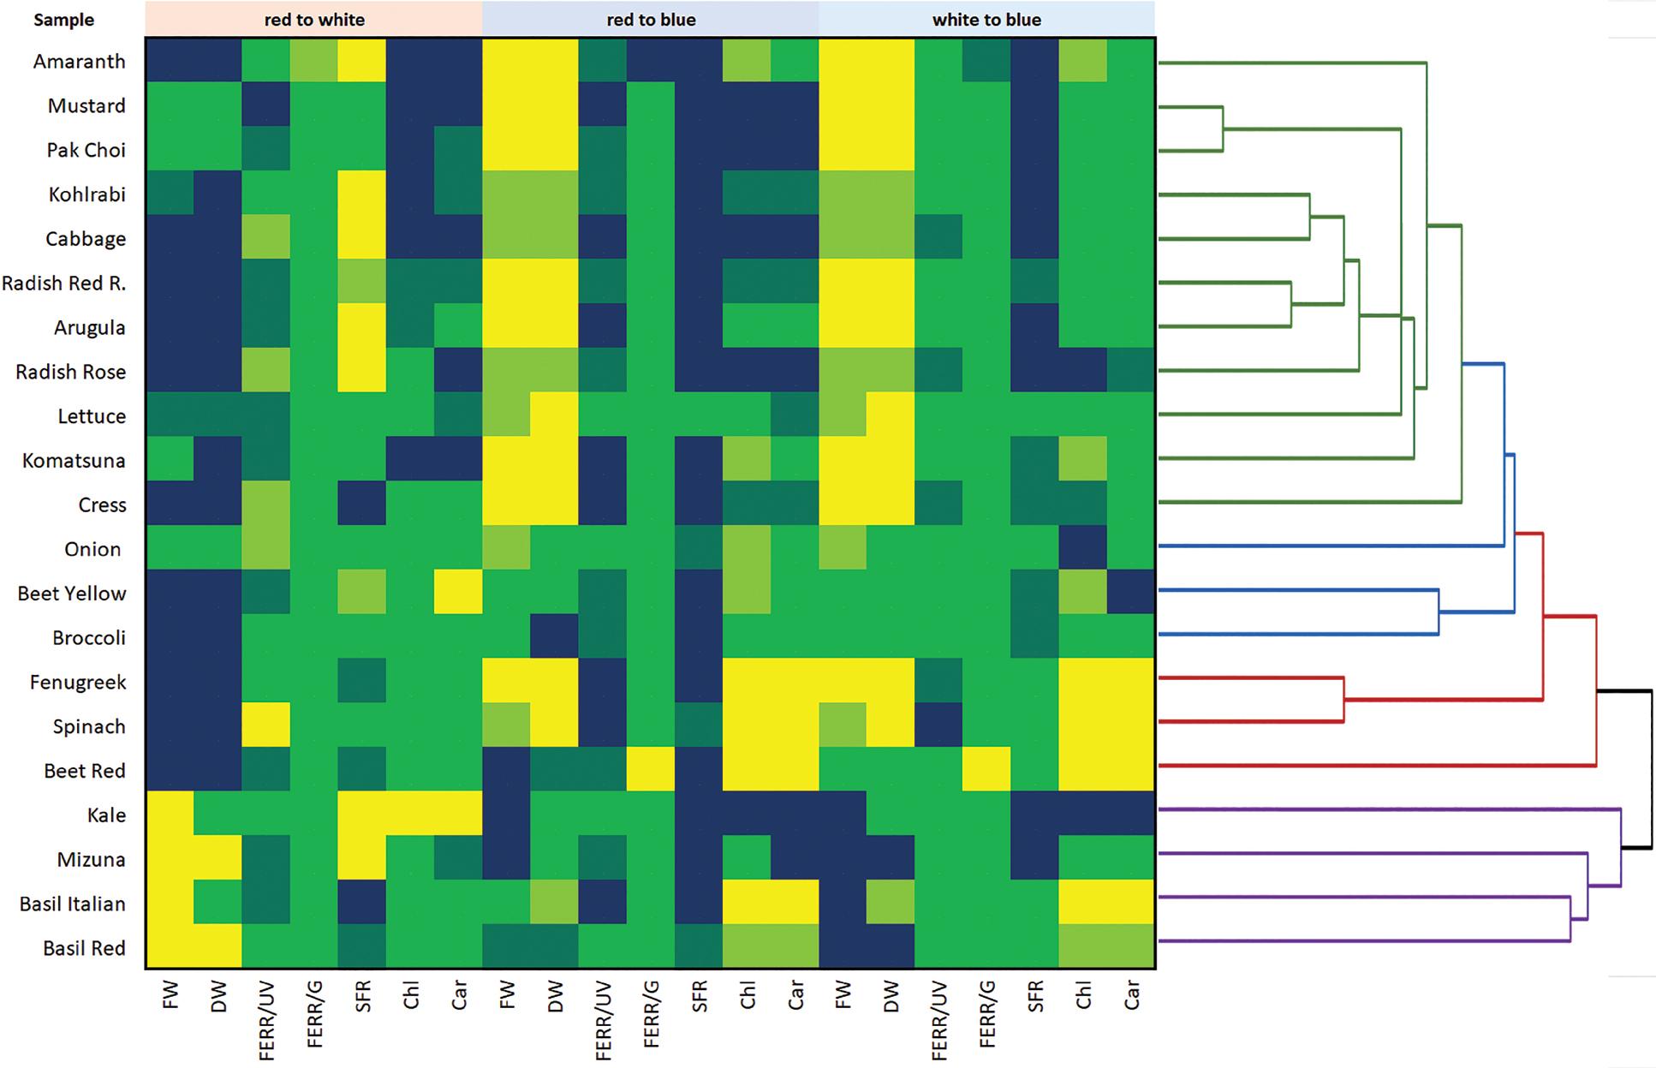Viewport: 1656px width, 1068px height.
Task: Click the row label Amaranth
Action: (79, 62)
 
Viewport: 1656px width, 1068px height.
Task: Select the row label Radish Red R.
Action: (64, 283)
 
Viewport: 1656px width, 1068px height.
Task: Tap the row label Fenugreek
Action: (78, 683)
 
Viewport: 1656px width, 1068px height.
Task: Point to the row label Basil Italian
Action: (73, 904)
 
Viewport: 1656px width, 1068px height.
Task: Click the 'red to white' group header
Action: (313, 19)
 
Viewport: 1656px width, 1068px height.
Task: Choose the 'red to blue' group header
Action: (651, 19)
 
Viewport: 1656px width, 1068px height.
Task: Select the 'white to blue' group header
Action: (986, 19)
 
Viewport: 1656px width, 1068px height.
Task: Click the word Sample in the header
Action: (63, 20)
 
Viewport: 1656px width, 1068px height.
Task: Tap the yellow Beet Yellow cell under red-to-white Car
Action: (458, 594)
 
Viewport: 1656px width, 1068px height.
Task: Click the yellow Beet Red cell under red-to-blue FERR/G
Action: (651, 771)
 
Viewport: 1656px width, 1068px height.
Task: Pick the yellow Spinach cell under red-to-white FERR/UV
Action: (265, 726)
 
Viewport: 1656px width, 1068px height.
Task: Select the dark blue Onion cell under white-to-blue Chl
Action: (1082, 549)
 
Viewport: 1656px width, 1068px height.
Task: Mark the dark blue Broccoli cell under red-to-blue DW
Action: (554, 638)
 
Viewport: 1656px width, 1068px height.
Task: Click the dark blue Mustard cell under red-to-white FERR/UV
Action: (265, 105)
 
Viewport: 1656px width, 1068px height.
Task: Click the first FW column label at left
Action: (170, 996)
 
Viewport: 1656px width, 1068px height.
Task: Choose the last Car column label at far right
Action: (1131, 996)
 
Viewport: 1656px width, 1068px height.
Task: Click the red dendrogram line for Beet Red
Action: (1370, 765)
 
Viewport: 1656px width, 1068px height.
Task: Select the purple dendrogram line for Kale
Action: (1370, 808)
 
